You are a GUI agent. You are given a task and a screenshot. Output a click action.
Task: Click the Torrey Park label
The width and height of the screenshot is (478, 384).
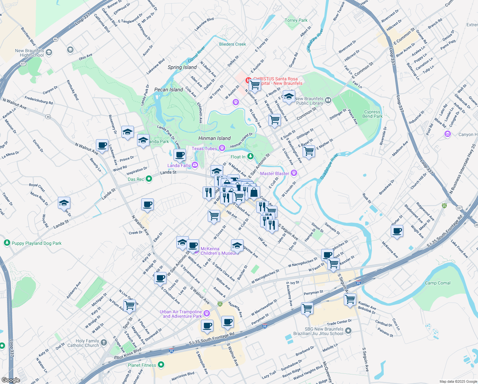coord(296,20)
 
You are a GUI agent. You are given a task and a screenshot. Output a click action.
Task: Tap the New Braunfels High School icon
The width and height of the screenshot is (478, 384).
coord(49,53)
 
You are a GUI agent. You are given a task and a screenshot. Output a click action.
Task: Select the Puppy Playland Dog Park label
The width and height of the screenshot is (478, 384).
coord(36,243)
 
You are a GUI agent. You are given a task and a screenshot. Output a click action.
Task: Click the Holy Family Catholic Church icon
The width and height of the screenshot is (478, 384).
coord(104,343)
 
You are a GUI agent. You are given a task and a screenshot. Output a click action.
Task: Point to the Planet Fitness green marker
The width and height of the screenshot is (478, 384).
coord(161,365)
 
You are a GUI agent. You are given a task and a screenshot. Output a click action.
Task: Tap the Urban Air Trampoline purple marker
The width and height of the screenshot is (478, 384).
coord(207,313)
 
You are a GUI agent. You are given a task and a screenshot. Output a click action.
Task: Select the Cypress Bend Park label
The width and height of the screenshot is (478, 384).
coord(372,114)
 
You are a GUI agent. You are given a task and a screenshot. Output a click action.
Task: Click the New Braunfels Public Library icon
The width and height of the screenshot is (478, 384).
coord(328,101)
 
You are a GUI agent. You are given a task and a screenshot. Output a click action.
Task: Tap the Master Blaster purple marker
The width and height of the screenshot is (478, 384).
coord(294,173)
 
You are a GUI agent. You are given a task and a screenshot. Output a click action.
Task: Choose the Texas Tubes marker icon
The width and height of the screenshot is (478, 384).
coord(222,148)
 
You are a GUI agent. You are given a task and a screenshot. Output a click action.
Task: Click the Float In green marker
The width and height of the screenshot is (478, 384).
coord(251,156)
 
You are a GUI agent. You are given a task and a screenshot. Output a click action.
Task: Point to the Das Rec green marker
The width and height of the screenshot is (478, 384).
coord(149,179)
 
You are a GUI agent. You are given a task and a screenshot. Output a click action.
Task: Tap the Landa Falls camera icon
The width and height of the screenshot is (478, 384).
coord(195,165)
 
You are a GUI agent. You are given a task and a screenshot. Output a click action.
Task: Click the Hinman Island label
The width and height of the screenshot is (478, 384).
coord(214,138)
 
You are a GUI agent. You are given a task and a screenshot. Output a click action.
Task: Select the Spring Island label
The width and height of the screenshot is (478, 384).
coord(182,67)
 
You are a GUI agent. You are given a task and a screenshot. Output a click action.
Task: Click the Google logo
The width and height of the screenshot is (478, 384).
coord(11,380)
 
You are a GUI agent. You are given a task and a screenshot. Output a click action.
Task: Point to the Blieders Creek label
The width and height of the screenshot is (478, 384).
coord(232,44)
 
